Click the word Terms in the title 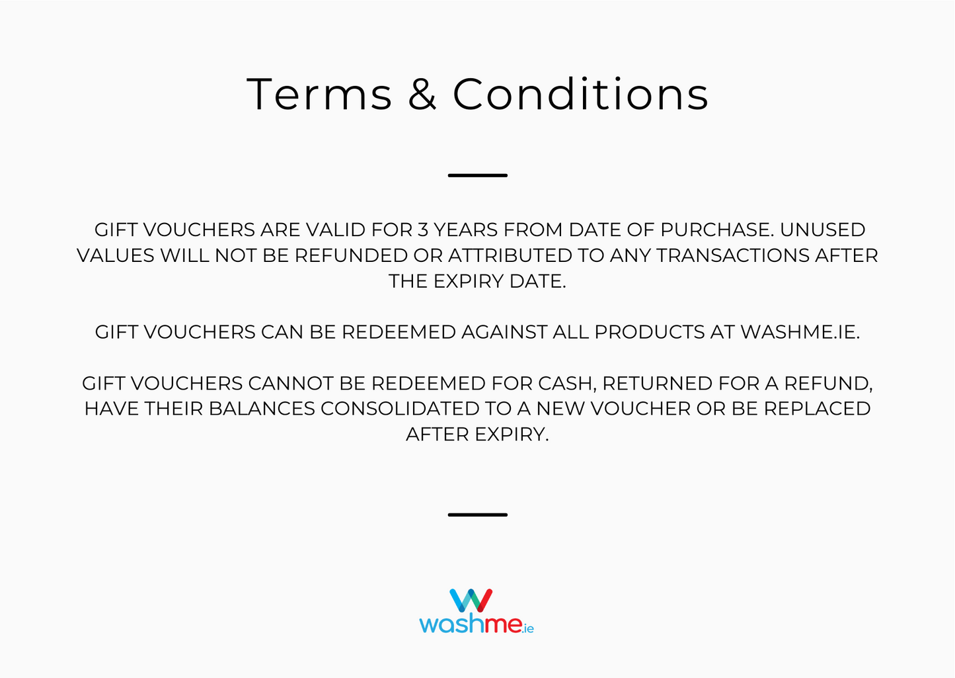tap(319, 94)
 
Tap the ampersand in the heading tap(422, 94)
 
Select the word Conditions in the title tap(580, 94)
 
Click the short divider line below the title tap(477, 175)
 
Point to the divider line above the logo tap(477, 514)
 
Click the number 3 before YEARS tap(422, 230)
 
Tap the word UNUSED tap(822, 230)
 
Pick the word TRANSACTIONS tap(733, 255)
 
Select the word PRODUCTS tap(650, 332)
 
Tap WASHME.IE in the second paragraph tap(799, 332)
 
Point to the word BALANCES tap(262, 409)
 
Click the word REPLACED tap(817, 409)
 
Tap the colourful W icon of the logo tap(471, 601)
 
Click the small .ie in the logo tap(527, 628)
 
